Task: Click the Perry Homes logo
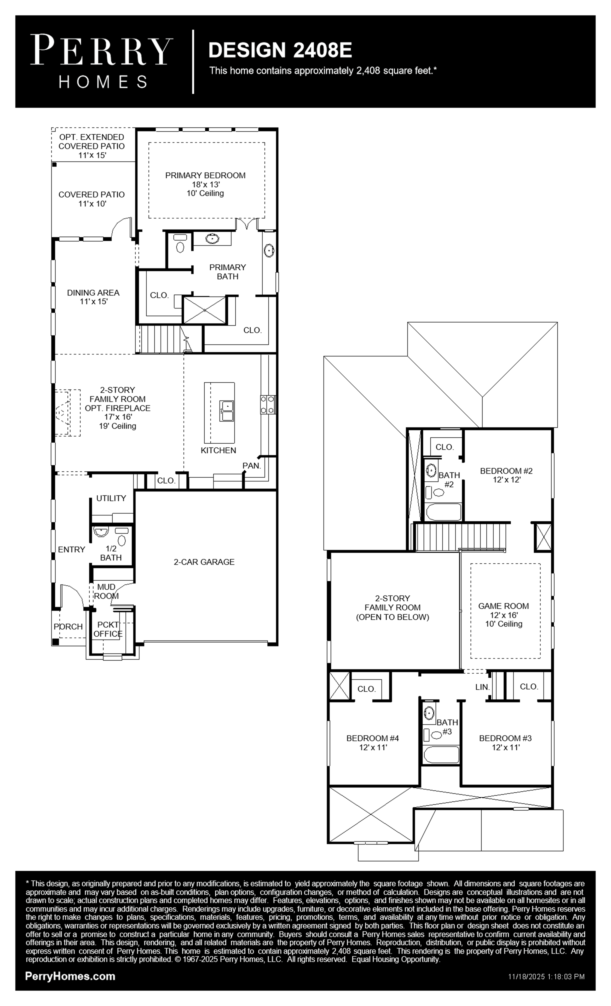point(102,61)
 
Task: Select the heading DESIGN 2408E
point(280,50)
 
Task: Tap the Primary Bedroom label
point(205,176)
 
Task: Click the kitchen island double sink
point(226,411)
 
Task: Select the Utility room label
point(111,498)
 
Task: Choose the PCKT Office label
point(108,629)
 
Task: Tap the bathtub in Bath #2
point(443,512)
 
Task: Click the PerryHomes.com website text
point(70,976)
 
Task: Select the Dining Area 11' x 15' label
point(93,297)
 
